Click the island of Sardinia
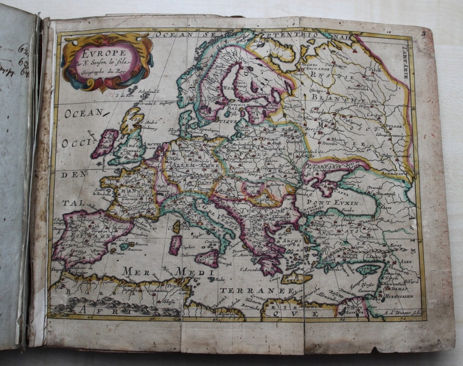tap(175, 244)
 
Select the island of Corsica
tap(176, 226)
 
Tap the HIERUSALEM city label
tap(398, 297)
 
